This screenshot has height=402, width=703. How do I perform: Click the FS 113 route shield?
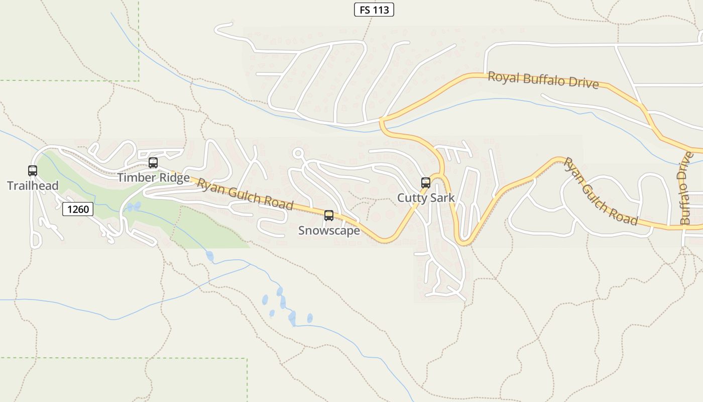point(374,10)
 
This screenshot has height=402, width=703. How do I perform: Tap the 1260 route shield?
point(78,209)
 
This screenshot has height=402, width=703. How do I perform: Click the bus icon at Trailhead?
point(33,171)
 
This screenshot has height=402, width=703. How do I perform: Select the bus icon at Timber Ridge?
point(153,163)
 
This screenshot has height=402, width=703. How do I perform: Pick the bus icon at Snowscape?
point(329,216)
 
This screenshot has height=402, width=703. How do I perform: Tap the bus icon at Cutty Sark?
point(426,183)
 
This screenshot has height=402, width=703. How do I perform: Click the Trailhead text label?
point(33,185)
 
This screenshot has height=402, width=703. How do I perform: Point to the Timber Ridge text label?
point(153,177)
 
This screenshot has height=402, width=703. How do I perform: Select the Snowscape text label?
point(329,230)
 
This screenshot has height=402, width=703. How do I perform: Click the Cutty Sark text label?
point(426,197)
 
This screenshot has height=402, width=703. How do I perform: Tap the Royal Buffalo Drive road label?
point(543,80)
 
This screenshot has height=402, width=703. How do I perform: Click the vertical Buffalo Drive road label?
point(686,188)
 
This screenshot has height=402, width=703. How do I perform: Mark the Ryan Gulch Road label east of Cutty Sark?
point(601,191)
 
